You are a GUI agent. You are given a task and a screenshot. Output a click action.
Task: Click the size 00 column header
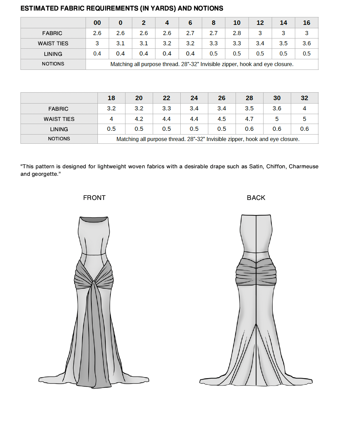click(x=97, y=23)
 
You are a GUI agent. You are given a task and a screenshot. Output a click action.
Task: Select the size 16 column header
click(x=306, y=23)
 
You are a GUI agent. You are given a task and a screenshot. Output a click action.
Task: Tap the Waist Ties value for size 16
click(x=306, y=44)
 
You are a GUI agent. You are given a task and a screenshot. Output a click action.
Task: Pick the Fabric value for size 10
click(x=237, y=33)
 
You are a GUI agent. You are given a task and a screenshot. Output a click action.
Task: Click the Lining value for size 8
click(x=213, y=54)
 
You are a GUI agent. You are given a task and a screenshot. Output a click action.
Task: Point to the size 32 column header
click(x=304, y=98)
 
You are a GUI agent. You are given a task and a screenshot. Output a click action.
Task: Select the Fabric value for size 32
click(x=304, y=108)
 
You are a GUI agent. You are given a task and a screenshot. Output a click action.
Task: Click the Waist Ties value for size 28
click(x=249, y=119)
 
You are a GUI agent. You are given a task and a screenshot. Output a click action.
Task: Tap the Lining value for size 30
click(x=277, y=129)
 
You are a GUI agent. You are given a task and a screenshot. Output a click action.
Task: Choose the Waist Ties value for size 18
click(x=111, y=119)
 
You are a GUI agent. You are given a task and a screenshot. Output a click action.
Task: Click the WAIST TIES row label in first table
click(x=53, y=44)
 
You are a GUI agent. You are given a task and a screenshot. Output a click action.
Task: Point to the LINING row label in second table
click(x=59, y=129)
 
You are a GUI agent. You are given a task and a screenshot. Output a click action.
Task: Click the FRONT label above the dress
click(x=94, y=198)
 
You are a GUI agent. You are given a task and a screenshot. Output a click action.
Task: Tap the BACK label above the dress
click(x=256, y=198)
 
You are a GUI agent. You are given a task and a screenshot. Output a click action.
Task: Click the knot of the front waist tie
click(x=93, y=283)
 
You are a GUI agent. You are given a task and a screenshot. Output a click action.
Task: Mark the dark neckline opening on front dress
click(x=94, y=220)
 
